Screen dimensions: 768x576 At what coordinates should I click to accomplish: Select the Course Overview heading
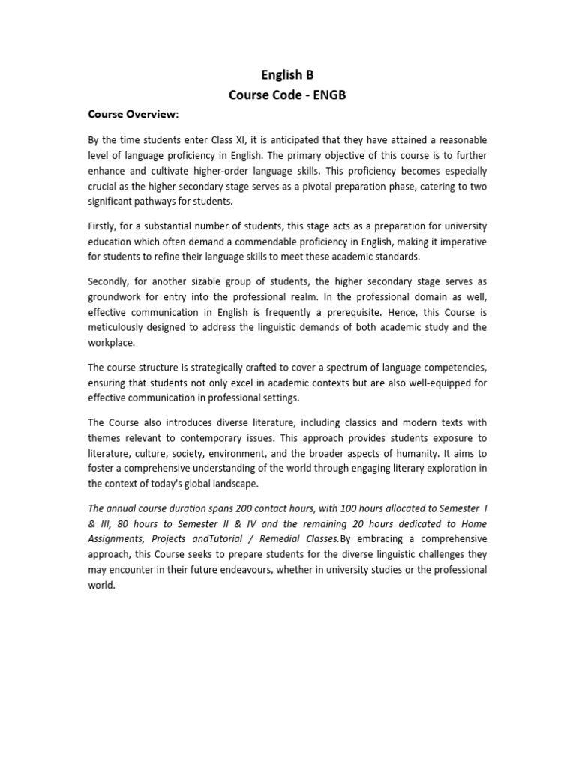coord(133,115)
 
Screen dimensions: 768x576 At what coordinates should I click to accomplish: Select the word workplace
coord(113,342)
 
